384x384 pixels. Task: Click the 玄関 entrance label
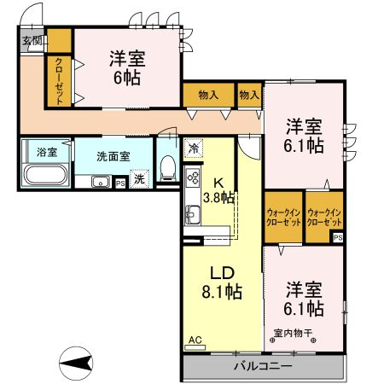(32, 39)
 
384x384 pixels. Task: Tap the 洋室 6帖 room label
(126, 67)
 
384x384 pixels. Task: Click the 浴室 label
(46, 152)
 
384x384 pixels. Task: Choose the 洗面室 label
(112, 157)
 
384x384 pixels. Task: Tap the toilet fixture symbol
(167, 165)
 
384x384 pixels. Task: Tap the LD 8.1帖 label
(221, 283)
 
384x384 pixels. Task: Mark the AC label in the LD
(195, 340)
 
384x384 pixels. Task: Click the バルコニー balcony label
(263, 367)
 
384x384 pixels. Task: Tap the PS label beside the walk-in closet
(338, 237)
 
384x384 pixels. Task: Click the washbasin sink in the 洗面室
(100, 181)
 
